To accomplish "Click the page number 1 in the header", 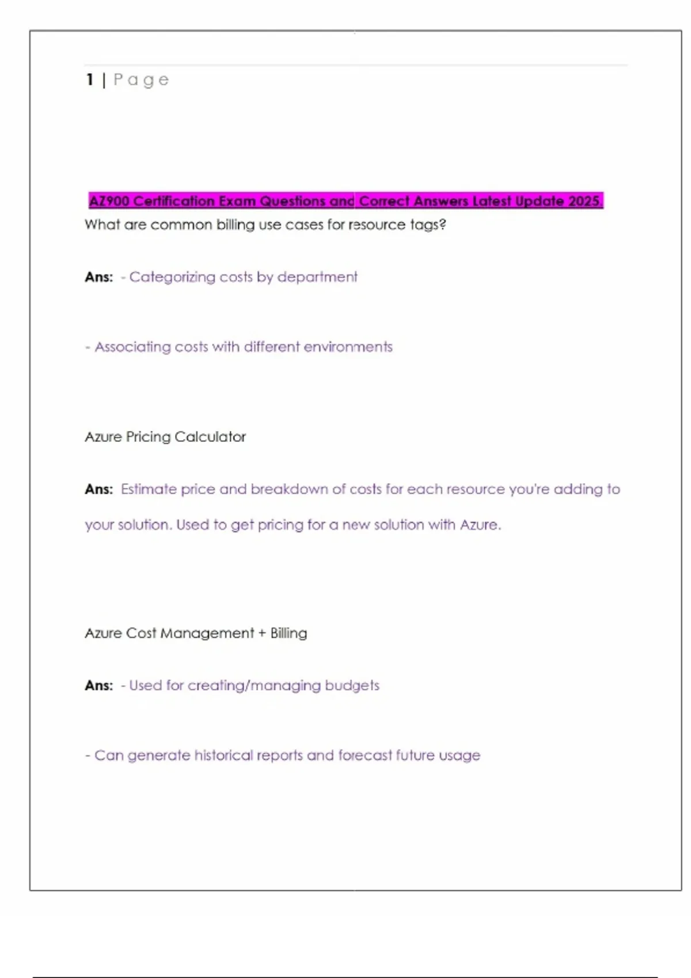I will (x=90, y=79).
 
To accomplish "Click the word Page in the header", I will (x=141, y=80).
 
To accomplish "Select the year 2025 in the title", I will (x=584, y=201).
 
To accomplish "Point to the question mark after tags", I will (x=442, y=224).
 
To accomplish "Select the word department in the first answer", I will (x=317, y=277).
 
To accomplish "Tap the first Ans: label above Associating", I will (x=99, y=277).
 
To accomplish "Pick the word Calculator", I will (x=210, y=437).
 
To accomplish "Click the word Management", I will (x=207, y=633).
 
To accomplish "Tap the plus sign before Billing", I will (x=262, y=633).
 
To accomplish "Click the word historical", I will (x=223, y=755).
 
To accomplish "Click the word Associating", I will (x=133, y=347).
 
